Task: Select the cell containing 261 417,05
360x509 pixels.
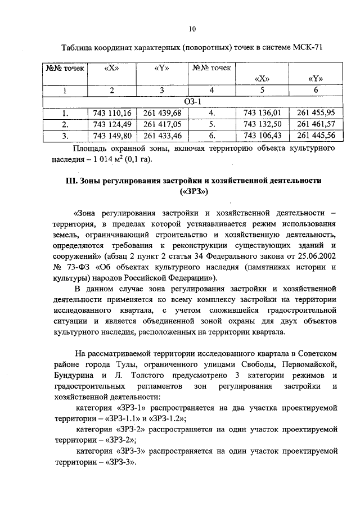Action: point(163,124)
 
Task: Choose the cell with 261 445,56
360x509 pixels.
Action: point(316,136)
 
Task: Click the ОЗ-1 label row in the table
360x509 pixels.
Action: point(192,102)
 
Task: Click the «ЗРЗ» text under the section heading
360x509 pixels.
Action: point(192,192)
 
